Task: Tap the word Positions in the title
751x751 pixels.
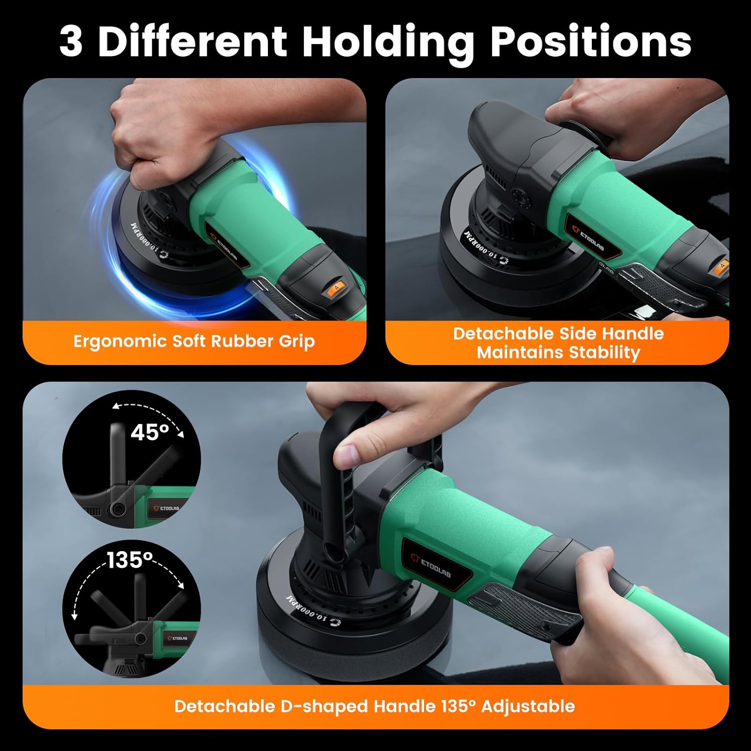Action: click(x=591, y=42)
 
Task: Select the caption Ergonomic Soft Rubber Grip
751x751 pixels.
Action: click(x=194, y=341)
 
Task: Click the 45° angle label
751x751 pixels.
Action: click(x=150, y=432)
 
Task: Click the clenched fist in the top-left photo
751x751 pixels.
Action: click(x=150, y=145)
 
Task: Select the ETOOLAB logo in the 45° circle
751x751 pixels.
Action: click(x=166, y=508)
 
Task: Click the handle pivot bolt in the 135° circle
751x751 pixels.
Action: click(x=141, y=639)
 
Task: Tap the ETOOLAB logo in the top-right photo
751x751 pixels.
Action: click(x=591, y=239)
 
